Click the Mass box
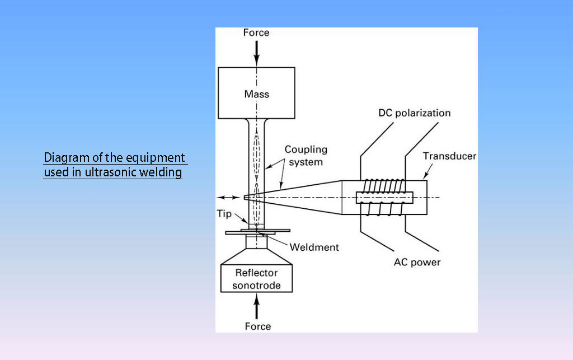pos(256,93)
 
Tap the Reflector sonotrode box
pos(256,279)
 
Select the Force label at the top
pos(256,33)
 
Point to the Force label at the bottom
pos(257,326)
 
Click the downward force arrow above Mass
pos(257,53)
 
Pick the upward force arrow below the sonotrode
pos(257,307)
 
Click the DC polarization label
pos(415,113)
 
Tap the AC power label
pos(417,262)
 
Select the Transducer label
pos(449,156)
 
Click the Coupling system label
pos(306,156)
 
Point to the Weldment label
pos(314,247)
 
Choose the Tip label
pos(224,214)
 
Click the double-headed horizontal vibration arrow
pos(228,197)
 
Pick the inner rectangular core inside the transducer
pos(384,197)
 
